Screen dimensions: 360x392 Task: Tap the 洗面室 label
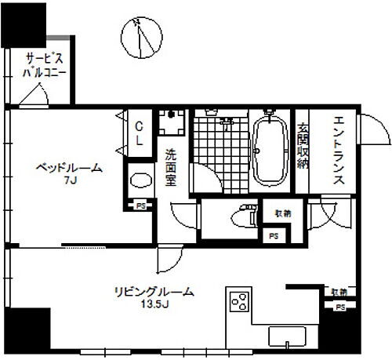(170, 167)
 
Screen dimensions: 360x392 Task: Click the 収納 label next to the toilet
(282, 212)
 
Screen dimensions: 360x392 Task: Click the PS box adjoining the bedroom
(140, 205)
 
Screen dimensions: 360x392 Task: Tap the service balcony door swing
(31, 95)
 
